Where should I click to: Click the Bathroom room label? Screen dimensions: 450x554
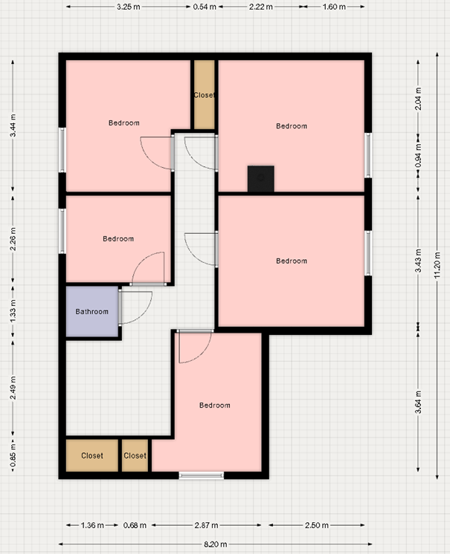pos(92,312)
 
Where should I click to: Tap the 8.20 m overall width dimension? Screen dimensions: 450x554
pos(216,544)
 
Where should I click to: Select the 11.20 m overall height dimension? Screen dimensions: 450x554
pos(437,264)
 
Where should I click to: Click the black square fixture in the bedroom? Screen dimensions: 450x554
pos(261,179)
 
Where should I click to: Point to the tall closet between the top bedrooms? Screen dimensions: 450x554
pos(205,95)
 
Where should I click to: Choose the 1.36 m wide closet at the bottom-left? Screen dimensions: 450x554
pos(92,455)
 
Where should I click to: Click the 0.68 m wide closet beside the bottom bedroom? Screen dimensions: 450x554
pos(135,455)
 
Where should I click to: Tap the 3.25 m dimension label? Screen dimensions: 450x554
pos(129,7)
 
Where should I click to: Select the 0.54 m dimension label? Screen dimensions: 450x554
pos(205,7)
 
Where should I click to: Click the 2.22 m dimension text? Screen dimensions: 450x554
pos(261,7)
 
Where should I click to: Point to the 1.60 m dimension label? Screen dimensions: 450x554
pos(334,7)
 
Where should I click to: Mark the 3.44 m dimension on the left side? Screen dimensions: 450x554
pos(13,125)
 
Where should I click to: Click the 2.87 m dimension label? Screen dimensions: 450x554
pos(206,525)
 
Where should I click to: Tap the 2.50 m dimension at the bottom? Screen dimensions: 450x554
pos(317,525)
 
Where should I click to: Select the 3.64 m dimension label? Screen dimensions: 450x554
pos(418,402)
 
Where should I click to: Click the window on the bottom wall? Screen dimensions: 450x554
pos(202,475)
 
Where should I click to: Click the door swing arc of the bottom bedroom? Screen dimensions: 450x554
pos(201,353)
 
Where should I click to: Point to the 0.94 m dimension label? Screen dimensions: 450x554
pos(418,155)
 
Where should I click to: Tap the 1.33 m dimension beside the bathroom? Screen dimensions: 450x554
pos(13,310)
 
